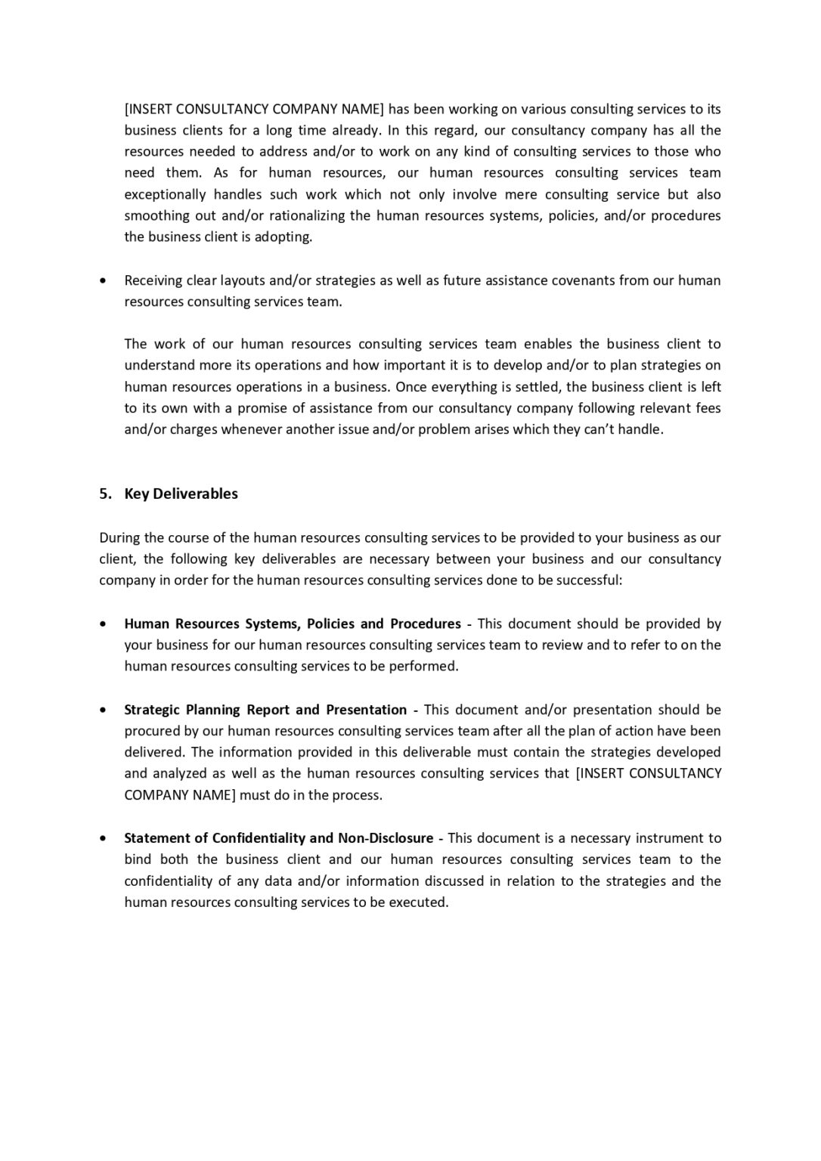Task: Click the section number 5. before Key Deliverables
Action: click(105, 494)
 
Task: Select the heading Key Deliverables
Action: click(181, 494)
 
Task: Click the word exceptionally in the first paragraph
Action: click(165, 194)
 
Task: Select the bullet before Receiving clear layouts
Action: click(103, 280)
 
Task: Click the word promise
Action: click(259, 408)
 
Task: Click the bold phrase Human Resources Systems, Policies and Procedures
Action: click(292, 624)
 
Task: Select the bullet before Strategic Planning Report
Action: click(103, 710)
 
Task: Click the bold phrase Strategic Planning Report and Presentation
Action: click(265, 710)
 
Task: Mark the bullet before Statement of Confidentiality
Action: click(103, 838)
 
